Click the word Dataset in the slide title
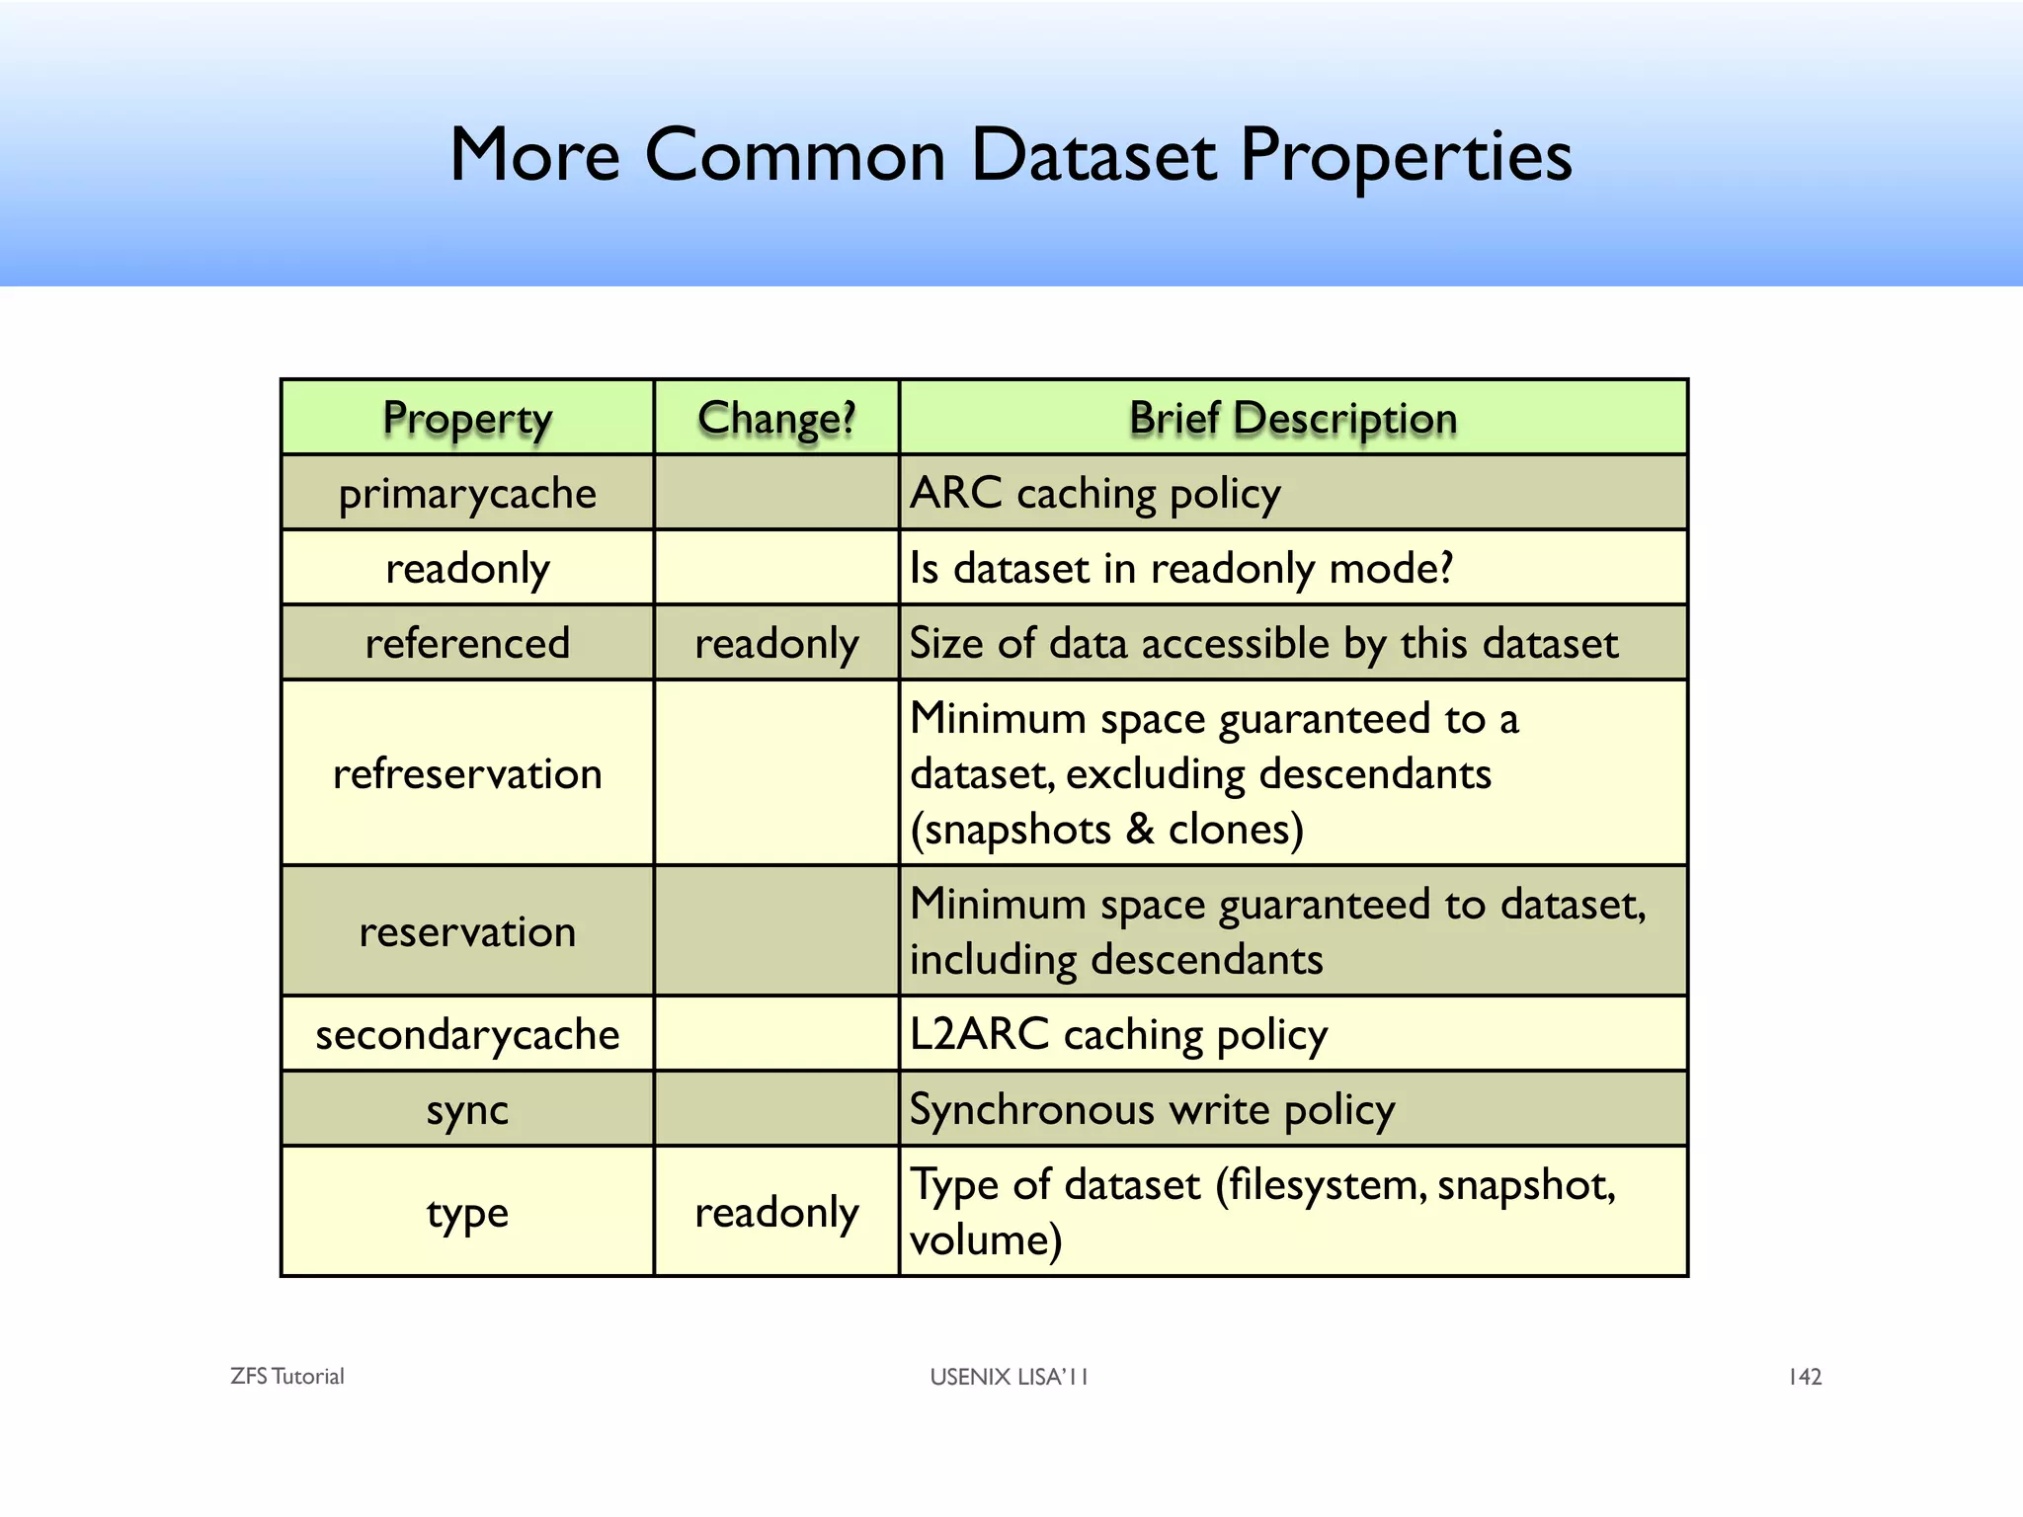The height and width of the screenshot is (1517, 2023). coord(1093,156)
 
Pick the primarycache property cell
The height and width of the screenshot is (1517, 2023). coord(467,494)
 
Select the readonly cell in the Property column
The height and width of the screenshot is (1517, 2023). coord(467,569)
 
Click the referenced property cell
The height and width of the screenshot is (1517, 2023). coord(467,644)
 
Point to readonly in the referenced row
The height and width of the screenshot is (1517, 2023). coord(776,644)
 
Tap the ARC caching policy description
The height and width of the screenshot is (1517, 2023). coord(1094,494)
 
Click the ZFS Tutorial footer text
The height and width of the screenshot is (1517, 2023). coord(286,1377)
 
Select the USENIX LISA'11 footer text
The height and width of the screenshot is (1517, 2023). coord(1009,1377)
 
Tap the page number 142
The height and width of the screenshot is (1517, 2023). coord(1805,1377)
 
